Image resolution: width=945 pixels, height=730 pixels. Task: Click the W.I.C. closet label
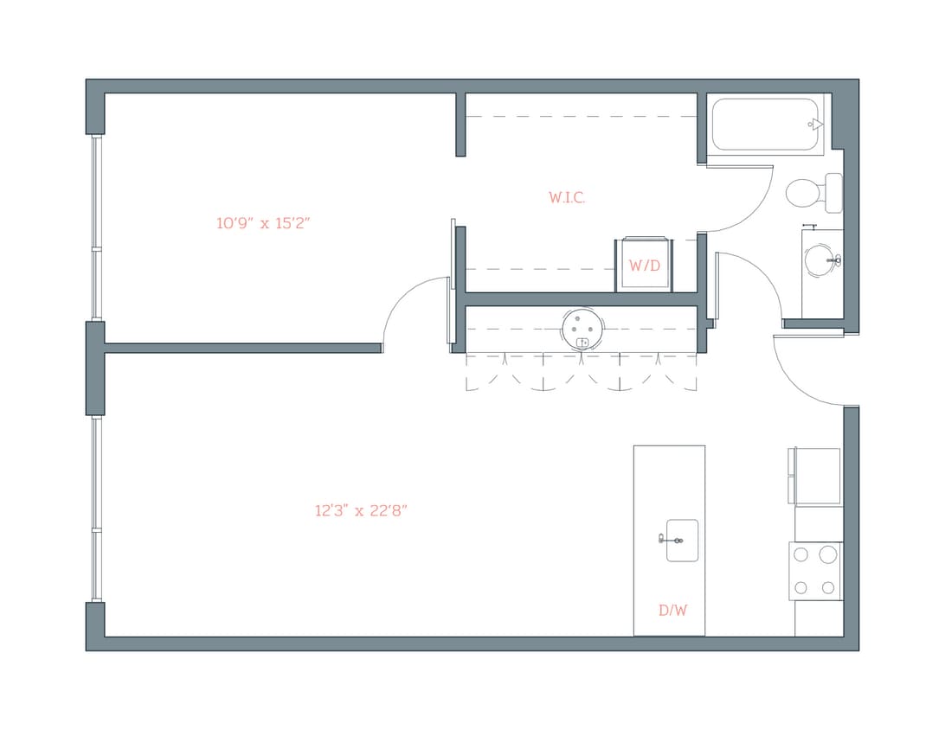(x=567, y=198)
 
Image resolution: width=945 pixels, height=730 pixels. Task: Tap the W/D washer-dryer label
(x=644, y=266)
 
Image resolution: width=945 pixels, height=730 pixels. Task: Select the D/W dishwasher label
(x=672, y=610)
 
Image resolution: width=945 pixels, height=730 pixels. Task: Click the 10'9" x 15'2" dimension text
(x=263, y=223)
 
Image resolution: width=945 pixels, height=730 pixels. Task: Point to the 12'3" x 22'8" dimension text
(x=361, y=511)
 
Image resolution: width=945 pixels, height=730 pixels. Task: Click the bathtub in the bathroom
(x=767, y=125)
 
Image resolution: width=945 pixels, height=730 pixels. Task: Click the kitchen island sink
(x=682, y=540)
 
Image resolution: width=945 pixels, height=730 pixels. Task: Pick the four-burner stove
(x=815, y=571)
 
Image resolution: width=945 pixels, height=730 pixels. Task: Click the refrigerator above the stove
(x=815, y=476)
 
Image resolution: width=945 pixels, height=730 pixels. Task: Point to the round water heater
(x=582, y=329)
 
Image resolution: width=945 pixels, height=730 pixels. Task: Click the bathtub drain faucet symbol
(x=814, y=125)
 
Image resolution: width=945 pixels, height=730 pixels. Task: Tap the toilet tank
(x=833, y=192)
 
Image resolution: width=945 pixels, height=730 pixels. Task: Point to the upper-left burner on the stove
(x=801, y=554)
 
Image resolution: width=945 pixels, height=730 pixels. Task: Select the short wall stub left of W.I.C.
(x=460, y=125)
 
